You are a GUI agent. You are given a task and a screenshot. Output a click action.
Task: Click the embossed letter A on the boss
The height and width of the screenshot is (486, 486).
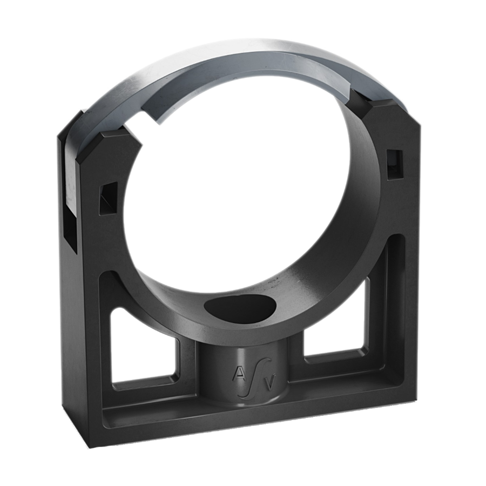point(239,373)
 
